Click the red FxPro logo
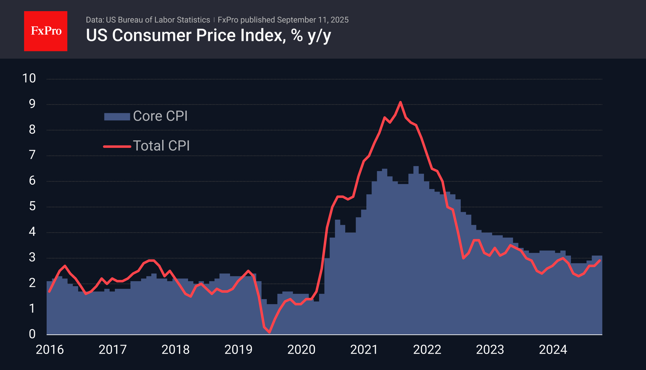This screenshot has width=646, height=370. coord(46,31)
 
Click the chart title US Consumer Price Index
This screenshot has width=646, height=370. coord(208,36)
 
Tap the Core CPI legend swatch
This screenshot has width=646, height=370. coord(117,117)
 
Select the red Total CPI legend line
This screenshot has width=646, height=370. coord(117,146)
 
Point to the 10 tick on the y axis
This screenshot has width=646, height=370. coord(29,78)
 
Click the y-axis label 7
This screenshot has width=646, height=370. coord(32,155)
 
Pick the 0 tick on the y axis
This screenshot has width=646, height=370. coord(32,334)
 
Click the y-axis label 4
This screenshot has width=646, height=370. coord(32,232)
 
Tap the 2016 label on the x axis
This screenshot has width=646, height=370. coord(50,350)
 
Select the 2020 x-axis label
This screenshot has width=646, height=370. coord(301,350)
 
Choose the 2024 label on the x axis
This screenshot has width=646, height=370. coord(553,350)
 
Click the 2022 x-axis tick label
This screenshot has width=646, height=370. coord(427,350)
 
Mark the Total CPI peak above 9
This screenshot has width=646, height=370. coord(400,102)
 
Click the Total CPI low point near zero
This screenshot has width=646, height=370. coord(270,332)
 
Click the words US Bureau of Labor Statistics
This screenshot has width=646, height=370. coord(158,20)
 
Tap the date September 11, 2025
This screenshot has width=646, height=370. coord(313,20)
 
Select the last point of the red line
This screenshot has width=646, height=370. coord(600,260)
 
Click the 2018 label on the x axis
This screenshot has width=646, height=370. coord(175,350)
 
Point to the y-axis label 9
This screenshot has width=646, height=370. coord(32,104)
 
